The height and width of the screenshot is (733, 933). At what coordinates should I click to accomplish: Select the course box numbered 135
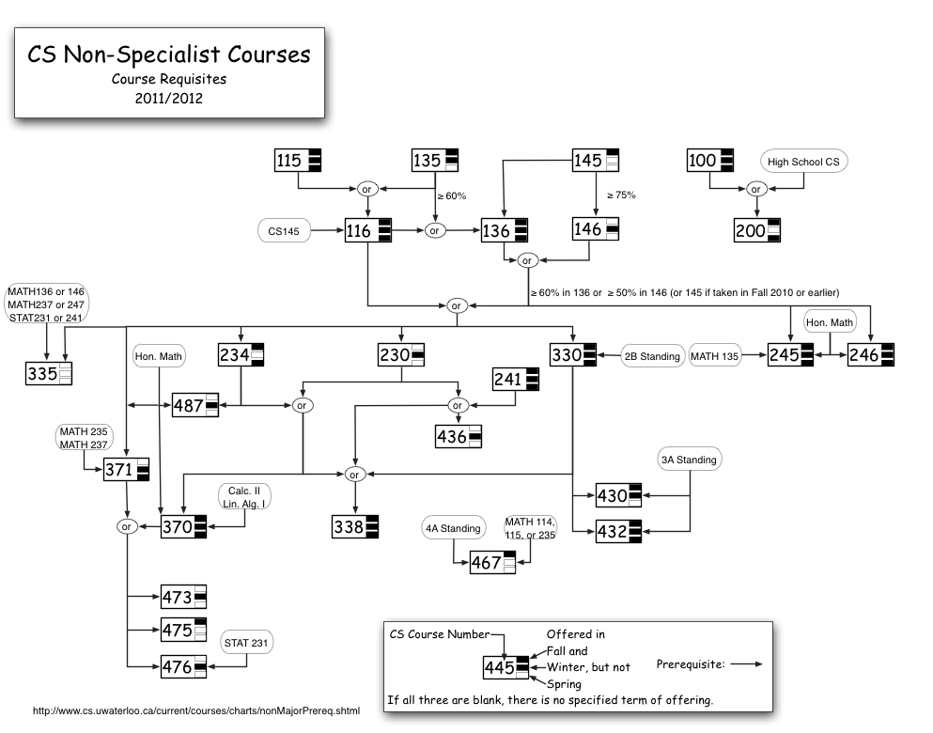[x=434, y=161]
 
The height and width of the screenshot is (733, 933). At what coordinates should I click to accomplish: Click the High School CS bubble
[x=803, y=162]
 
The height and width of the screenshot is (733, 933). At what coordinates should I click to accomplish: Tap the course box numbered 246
[x=869, y=355]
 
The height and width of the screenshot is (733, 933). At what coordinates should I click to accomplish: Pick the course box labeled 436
[x=457, y=436]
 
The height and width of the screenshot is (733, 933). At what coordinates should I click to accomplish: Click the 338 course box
[x=355, y=527]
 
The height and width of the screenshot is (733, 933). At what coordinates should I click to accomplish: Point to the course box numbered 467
[x=492, y=562]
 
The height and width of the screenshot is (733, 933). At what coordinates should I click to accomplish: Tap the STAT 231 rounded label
[x=246, y=644]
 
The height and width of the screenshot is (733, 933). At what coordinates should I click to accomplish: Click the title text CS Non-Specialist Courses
[x=169, y=55]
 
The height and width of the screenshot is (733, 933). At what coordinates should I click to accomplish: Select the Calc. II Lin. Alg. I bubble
[x=245, y=497]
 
